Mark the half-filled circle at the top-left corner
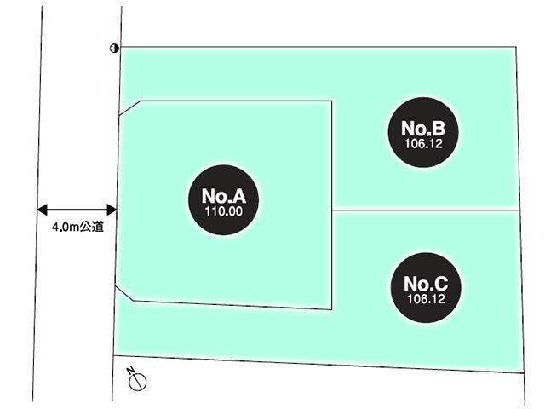click(114, 49)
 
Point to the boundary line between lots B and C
click(424, 210)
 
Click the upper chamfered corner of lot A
click(129, 107)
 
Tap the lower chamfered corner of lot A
click(124, 294)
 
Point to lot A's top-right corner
click(331, 101)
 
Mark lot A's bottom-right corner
click(331, 309)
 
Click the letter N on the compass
click(130, 371)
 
